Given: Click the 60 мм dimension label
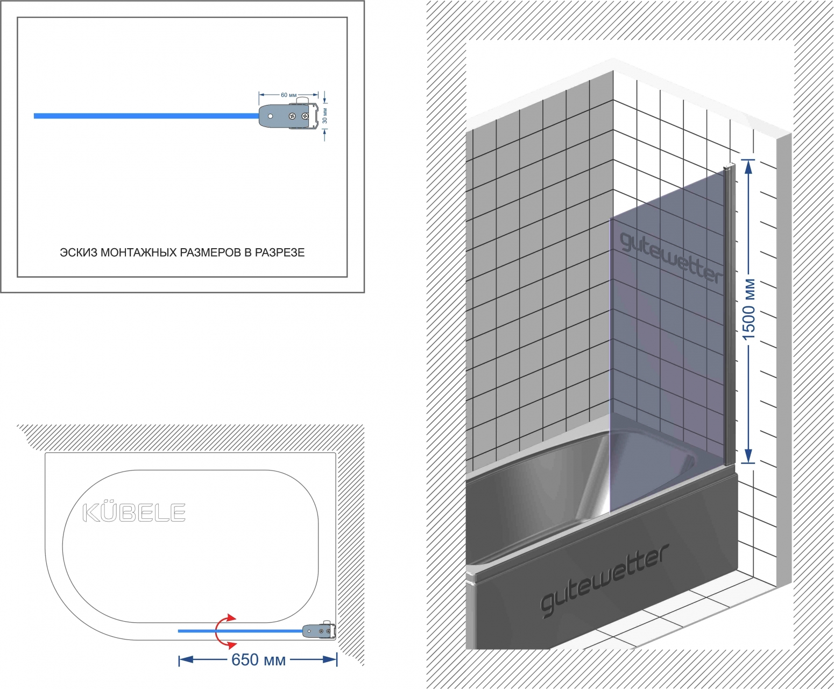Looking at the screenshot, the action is click(288, 95).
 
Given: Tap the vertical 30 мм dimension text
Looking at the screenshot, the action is click(325, 116).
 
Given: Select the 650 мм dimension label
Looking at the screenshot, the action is click(258, 660).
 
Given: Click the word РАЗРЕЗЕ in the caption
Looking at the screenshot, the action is click(280, 252).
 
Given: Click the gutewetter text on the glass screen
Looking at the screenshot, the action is click(671, 258).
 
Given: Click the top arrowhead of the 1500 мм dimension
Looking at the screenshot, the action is click(748, 167).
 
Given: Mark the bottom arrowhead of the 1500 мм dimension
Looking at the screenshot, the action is click(748, 456).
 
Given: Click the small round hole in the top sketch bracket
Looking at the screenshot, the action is click(271, 116).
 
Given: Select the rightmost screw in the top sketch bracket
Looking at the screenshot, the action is click(306, 116).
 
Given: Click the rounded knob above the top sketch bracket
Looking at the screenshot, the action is click(303, 100).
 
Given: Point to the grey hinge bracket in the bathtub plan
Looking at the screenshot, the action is click(319, 631).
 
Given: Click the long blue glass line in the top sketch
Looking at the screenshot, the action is click(146, 116).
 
